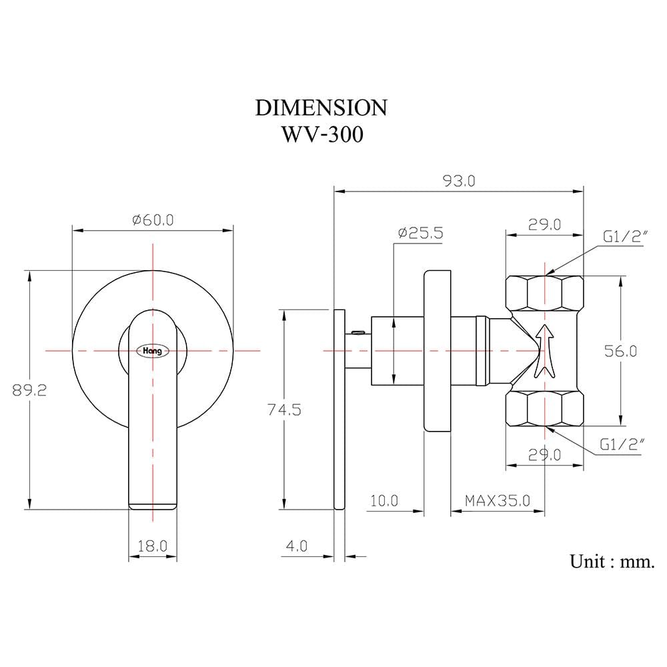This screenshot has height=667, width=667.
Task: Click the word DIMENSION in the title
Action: [321, 107]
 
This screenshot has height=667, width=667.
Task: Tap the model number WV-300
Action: [322, 135]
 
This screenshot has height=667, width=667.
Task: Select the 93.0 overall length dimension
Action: [459, 181]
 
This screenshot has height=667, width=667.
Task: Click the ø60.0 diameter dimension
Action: [153, 220]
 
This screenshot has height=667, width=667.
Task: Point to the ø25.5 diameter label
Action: [421, 233]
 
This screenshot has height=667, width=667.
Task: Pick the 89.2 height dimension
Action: [29, 390]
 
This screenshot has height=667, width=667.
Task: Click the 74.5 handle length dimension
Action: [284, 410]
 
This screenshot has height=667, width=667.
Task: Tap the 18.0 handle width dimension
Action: [152, 546]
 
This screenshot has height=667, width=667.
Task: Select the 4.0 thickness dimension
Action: [297, 546]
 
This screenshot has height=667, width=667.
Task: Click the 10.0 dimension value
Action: [384, 501]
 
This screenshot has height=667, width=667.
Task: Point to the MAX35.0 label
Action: [498, 501]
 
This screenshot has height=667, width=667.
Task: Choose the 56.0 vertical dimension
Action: [620, 351]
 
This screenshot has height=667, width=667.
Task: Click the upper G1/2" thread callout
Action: [626, 237]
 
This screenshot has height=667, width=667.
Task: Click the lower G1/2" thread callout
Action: [622, 444]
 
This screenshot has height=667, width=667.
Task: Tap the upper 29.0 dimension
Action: [544, 224]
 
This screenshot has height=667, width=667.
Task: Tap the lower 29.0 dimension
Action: [544, 455]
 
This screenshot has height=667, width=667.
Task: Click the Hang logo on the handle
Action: [152, 351]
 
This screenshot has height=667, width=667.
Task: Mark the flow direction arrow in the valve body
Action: [544, 352]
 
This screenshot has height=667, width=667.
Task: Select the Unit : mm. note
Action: [612, 561]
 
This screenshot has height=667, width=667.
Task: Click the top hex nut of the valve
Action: [544, 293]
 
